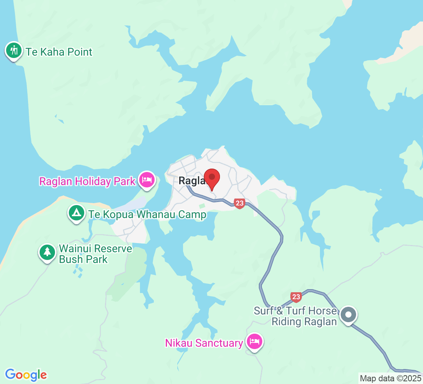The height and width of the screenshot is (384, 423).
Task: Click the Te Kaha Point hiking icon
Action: click(14, 50)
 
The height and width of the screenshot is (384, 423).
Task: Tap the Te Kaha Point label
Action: click(59, 52)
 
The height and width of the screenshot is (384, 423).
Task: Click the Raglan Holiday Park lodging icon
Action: click(147, 179)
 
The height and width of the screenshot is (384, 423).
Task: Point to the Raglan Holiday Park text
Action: click(87, 181)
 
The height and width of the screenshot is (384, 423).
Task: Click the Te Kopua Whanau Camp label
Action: click(147, 214)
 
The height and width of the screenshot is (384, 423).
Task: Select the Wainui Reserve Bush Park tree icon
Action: click(47, 252)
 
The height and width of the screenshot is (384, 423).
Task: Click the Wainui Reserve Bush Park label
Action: click(95, 254)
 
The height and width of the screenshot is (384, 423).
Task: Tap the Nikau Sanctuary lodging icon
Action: click(255, 341)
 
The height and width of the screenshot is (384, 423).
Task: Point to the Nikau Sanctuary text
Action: click(204, 343)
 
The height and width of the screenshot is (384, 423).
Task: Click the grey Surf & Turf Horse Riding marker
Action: click(349, 315)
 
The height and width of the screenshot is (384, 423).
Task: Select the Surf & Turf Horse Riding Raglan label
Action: click(295, 316)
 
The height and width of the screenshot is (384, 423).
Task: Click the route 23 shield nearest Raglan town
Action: click(239, 203)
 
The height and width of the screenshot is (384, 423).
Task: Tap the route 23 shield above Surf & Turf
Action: click(296, 297)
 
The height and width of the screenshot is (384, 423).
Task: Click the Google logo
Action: click(26, 374)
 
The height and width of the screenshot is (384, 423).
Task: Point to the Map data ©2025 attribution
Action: click(390, 378)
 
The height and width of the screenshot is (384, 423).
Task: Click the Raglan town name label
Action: click(192, 181)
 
